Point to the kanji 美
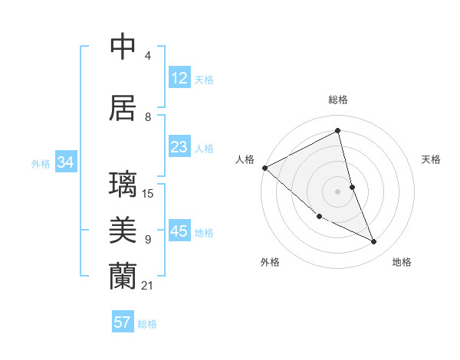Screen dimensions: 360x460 coord(123,230)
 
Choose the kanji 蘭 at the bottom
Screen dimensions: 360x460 coord(123,276)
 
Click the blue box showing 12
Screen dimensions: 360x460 coord(179,77)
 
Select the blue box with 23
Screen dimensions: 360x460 coord(179,147)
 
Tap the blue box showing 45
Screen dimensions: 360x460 coord(179,231)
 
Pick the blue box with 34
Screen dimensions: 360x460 coord(65,162)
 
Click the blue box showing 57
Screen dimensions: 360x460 coord(123,322)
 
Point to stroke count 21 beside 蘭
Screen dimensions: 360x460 coord(148,286)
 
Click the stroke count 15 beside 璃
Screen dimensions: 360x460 coord(149,194)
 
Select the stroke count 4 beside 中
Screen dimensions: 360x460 coord(148,56)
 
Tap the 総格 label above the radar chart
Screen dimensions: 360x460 coord(338,100)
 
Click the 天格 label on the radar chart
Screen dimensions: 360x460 coord(432,159)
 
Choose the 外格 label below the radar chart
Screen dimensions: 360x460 coord(270,262)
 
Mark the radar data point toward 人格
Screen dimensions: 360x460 coord(264,168)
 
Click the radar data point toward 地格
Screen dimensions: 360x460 coord(374,242)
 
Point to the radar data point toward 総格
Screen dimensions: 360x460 coord(338,131)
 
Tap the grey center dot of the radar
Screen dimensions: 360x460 coord(338,191)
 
